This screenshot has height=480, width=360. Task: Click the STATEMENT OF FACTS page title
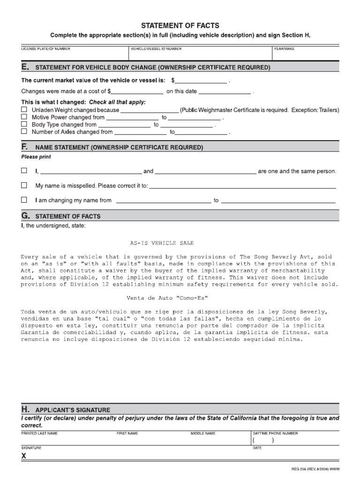(180, 26)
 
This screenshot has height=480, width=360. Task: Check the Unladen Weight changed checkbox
(24, 110)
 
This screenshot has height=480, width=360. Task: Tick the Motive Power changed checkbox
(24, 117)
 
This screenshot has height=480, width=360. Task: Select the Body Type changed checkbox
(24, 125)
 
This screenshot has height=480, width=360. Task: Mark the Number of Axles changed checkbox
(24, 132)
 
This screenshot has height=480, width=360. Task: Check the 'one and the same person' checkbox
(24, 171)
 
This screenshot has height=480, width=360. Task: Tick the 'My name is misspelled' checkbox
(24, 186)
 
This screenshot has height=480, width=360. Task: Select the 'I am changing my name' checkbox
(24, 200)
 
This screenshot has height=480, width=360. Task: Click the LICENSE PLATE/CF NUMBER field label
(46, 49)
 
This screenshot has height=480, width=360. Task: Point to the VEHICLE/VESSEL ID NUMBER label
(156, 49)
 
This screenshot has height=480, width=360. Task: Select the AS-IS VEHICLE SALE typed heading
(162, 243)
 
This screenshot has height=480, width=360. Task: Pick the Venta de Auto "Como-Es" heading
(167, 298)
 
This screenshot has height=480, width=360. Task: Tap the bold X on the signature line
(24, 456)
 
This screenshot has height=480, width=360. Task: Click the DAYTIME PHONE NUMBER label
(275, 434)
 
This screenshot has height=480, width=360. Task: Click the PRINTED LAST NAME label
(39, 434)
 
